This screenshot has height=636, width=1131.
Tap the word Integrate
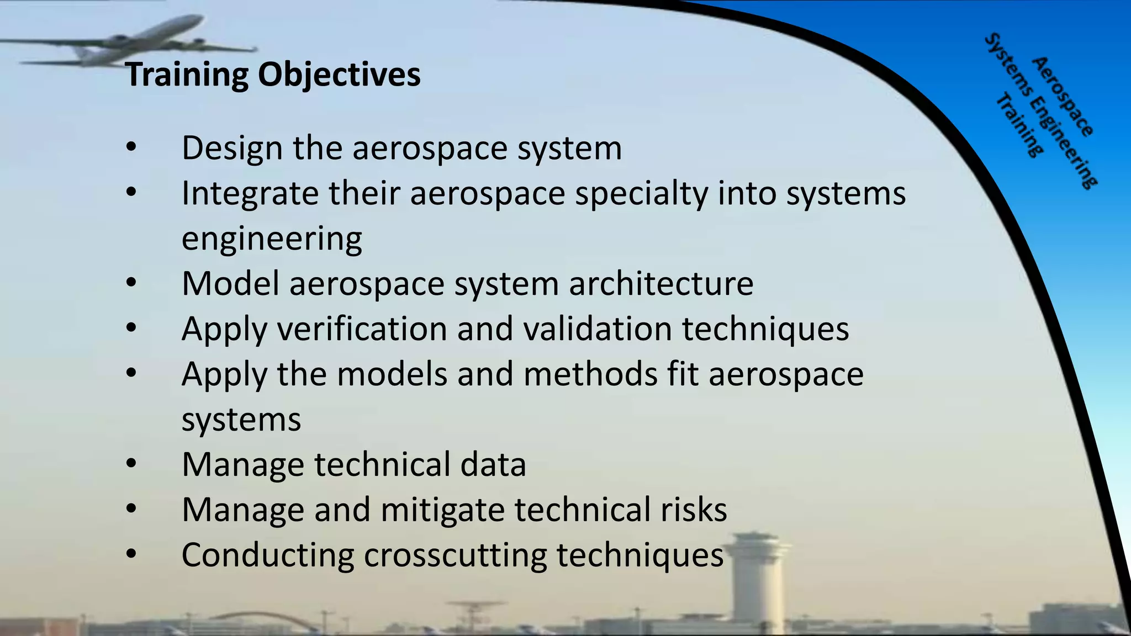250,194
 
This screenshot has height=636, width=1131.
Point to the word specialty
641,194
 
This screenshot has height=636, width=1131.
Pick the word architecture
661,284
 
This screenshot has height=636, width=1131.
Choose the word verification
362,329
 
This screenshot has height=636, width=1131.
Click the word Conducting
267,555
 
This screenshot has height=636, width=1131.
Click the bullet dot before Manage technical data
131,464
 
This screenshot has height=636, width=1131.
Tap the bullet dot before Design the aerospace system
131,147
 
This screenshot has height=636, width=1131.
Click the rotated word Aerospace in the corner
1063,97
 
